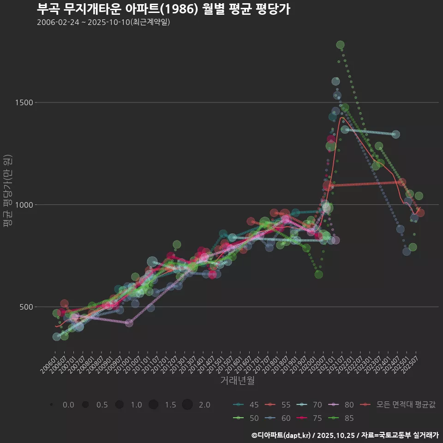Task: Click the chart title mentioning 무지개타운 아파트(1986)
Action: (163, 9)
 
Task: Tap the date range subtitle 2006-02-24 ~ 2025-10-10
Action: (103, 22)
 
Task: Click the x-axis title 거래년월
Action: (237, 381)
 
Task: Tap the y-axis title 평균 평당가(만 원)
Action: (8, 191)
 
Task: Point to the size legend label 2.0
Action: (204, 405)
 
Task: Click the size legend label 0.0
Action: (68, 405)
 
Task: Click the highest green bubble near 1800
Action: (341, 45)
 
